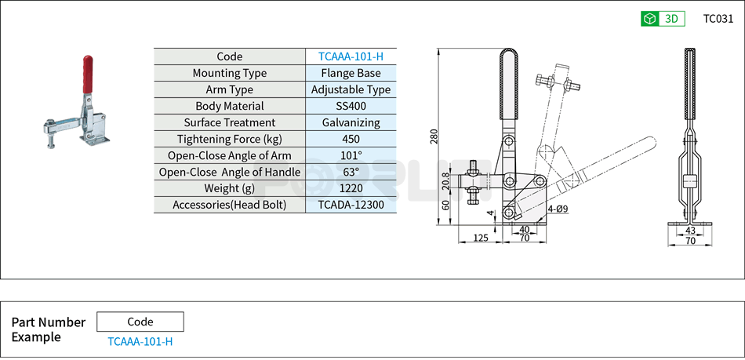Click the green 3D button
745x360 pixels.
[x=663, y=19]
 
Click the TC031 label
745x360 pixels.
[x=718, y=19]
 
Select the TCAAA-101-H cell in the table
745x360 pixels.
[x=351, y=56]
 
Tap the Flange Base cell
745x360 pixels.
[x=351, y=73]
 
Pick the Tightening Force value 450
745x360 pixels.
[x=351, y=139]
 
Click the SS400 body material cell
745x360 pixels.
[x=351, y=106]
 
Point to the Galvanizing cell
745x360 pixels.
[x=351, y=122]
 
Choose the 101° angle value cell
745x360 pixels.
[x=351, y=155]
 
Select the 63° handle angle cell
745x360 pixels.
[x=351, y=172]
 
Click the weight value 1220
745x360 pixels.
[x=351, y=188]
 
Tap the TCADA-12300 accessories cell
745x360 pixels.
[x=351, y=205]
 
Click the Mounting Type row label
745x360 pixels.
[x=230, y=73]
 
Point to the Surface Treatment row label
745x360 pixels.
[x=230, y=122]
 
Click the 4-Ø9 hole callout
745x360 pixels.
[x=558, y=209]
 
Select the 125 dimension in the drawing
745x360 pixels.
[x=480, y=237]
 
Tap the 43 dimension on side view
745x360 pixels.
[x=690, y=231]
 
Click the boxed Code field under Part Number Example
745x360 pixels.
[x=140, y=322]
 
